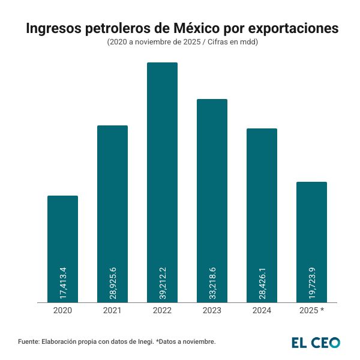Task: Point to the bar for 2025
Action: (311, 228)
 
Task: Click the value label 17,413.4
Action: (63, 280)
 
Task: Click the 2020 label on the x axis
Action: (62, 310)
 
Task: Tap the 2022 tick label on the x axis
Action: (162, 310)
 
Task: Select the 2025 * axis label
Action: (311, 310)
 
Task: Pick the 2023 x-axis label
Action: (212, 310)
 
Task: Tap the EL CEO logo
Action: (316, 343)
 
